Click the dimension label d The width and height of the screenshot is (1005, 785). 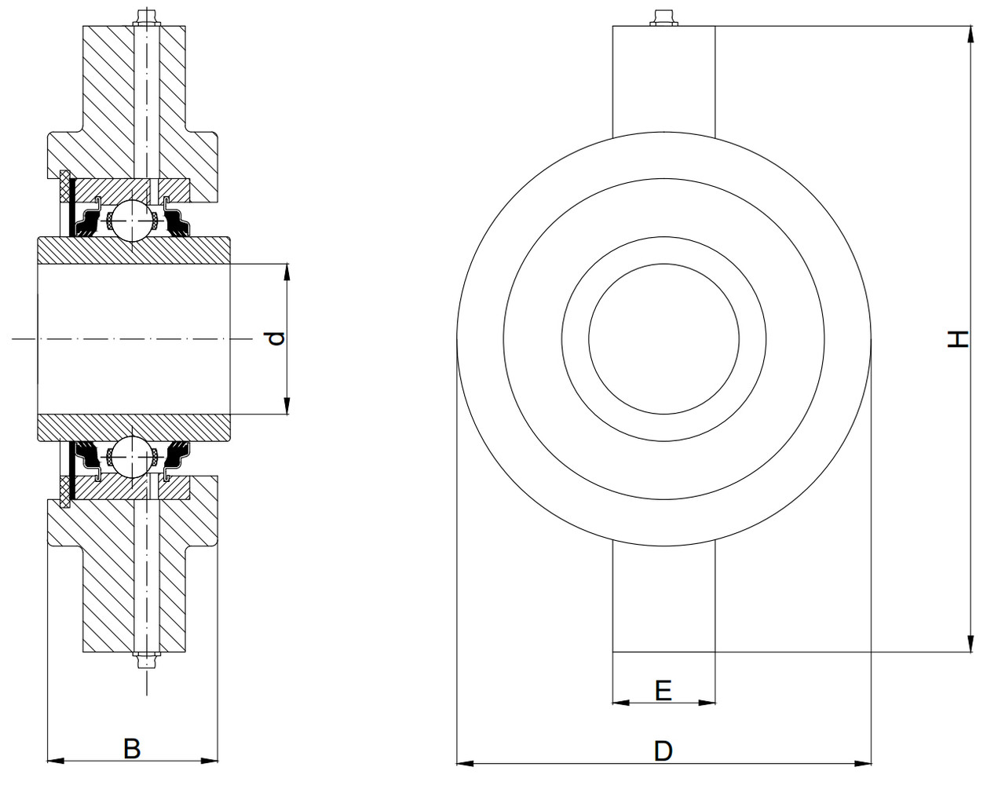coord(275,339)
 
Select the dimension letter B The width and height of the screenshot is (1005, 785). coord(132,748)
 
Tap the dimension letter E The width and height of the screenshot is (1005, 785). coord(663,690)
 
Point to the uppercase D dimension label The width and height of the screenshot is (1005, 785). coord(663,751)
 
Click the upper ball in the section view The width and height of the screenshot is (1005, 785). coord(130,220)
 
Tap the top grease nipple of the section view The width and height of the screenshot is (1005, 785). coord(146,16)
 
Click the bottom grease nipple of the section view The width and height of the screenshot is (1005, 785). coord(146,661)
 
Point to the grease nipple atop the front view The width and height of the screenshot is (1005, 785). coord(663,17)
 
